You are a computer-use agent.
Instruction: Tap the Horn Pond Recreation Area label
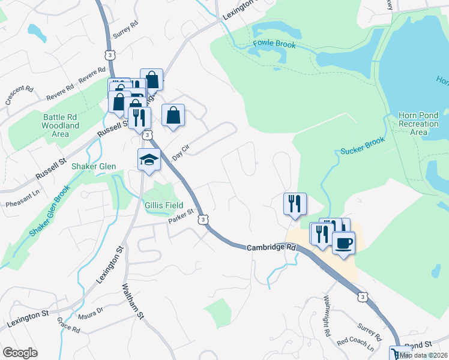[x=418, y=123]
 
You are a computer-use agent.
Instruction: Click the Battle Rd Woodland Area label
[x=60, y=125]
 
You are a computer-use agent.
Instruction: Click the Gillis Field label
[x=164, y=205]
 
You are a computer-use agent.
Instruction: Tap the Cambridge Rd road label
[x=271, y=247]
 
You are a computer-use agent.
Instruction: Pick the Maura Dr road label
[x=90, y=313]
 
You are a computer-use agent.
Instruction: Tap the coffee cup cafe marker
[x=343, y=243]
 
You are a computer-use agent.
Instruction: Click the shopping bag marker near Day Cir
[x=173, y=115]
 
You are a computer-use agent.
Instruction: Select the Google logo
[x=20, y=353]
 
